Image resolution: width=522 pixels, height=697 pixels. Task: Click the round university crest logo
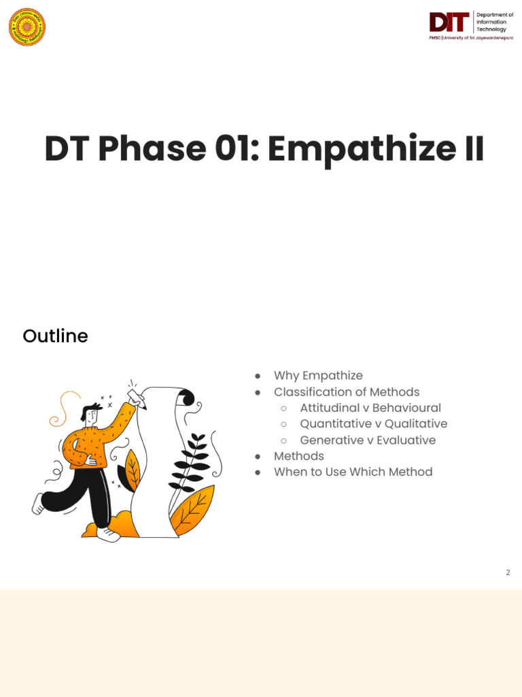[27, 27]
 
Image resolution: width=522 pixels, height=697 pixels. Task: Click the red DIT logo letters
[449, 22]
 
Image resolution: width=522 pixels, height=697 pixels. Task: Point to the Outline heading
[55, 336]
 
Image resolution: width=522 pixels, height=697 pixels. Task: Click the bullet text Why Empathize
[318, 376]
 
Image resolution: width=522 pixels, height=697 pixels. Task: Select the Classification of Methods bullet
[347, 392]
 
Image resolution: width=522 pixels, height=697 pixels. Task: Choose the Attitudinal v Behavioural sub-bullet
[370, 408]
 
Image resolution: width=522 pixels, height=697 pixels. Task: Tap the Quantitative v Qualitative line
[373, 424]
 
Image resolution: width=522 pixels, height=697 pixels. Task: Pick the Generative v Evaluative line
[368, 440]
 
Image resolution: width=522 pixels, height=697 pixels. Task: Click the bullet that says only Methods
[298, 456]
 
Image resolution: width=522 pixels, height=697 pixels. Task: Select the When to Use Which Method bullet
[353, 472]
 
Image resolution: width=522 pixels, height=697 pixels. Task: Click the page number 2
[508, 572]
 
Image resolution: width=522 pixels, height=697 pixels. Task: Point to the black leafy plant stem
[190, 463]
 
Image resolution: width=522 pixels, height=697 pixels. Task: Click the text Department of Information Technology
[494, 22]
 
